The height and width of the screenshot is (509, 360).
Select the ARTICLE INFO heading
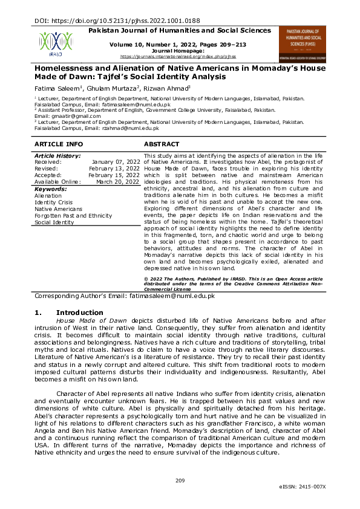pos(59,144)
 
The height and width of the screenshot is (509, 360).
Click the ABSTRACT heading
pos(162,144)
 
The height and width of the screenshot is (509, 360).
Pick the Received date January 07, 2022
pos(116,162)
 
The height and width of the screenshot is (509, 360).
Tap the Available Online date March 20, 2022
pos(118,182)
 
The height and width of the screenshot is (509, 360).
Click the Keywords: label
pos(50,189)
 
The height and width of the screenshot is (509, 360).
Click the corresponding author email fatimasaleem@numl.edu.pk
pos(172,296)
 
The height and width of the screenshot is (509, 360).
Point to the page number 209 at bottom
pos(180,481)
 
